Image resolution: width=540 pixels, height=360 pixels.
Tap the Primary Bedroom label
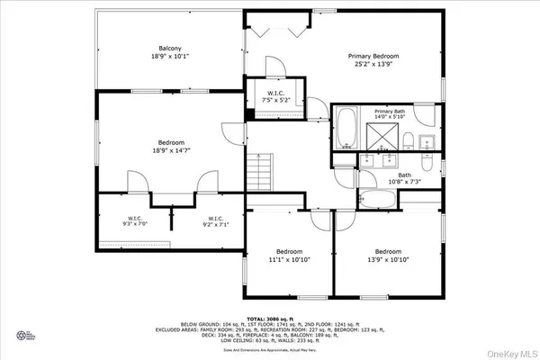[373, 56]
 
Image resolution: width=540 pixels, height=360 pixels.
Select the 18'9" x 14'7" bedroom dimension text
[171, 151]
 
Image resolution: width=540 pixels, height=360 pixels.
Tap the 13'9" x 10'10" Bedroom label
[388, 255]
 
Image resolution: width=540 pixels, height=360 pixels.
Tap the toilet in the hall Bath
[428, 162]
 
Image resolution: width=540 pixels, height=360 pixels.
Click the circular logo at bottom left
[21, 337]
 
